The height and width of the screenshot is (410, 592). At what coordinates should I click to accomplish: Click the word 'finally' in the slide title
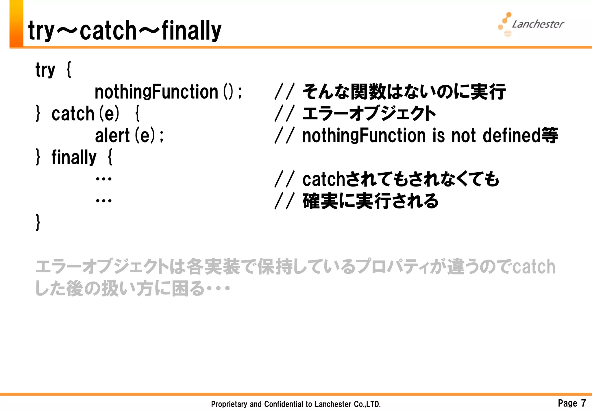[191, 30]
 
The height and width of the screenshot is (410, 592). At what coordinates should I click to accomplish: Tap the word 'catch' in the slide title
[108, 30]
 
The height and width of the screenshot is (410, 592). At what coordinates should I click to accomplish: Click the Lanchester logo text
[538, 24]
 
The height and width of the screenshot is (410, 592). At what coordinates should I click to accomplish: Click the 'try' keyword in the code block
[45, 70]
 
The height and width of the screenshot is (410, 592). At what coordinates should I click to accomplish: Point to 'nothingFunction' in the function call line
[156, 92]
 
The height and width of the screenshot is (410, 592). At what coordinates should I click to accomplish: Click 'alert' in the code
[112, 136]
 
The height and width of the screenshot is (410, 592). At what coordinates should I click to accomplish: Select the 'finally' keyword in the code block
[74, 158]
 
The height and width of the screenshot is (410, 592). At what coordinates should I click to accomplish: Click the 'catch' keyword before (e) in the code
[73, 114]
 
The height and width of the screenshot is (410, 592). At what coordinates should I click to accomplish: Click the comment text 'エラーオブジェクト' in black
[369, 114]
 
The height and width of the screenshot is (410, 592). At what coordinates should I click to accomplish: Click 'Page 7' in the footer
[571, 403]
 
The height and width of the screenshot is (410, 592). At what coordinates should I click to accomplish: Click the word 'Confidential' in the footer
[282, 404]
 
